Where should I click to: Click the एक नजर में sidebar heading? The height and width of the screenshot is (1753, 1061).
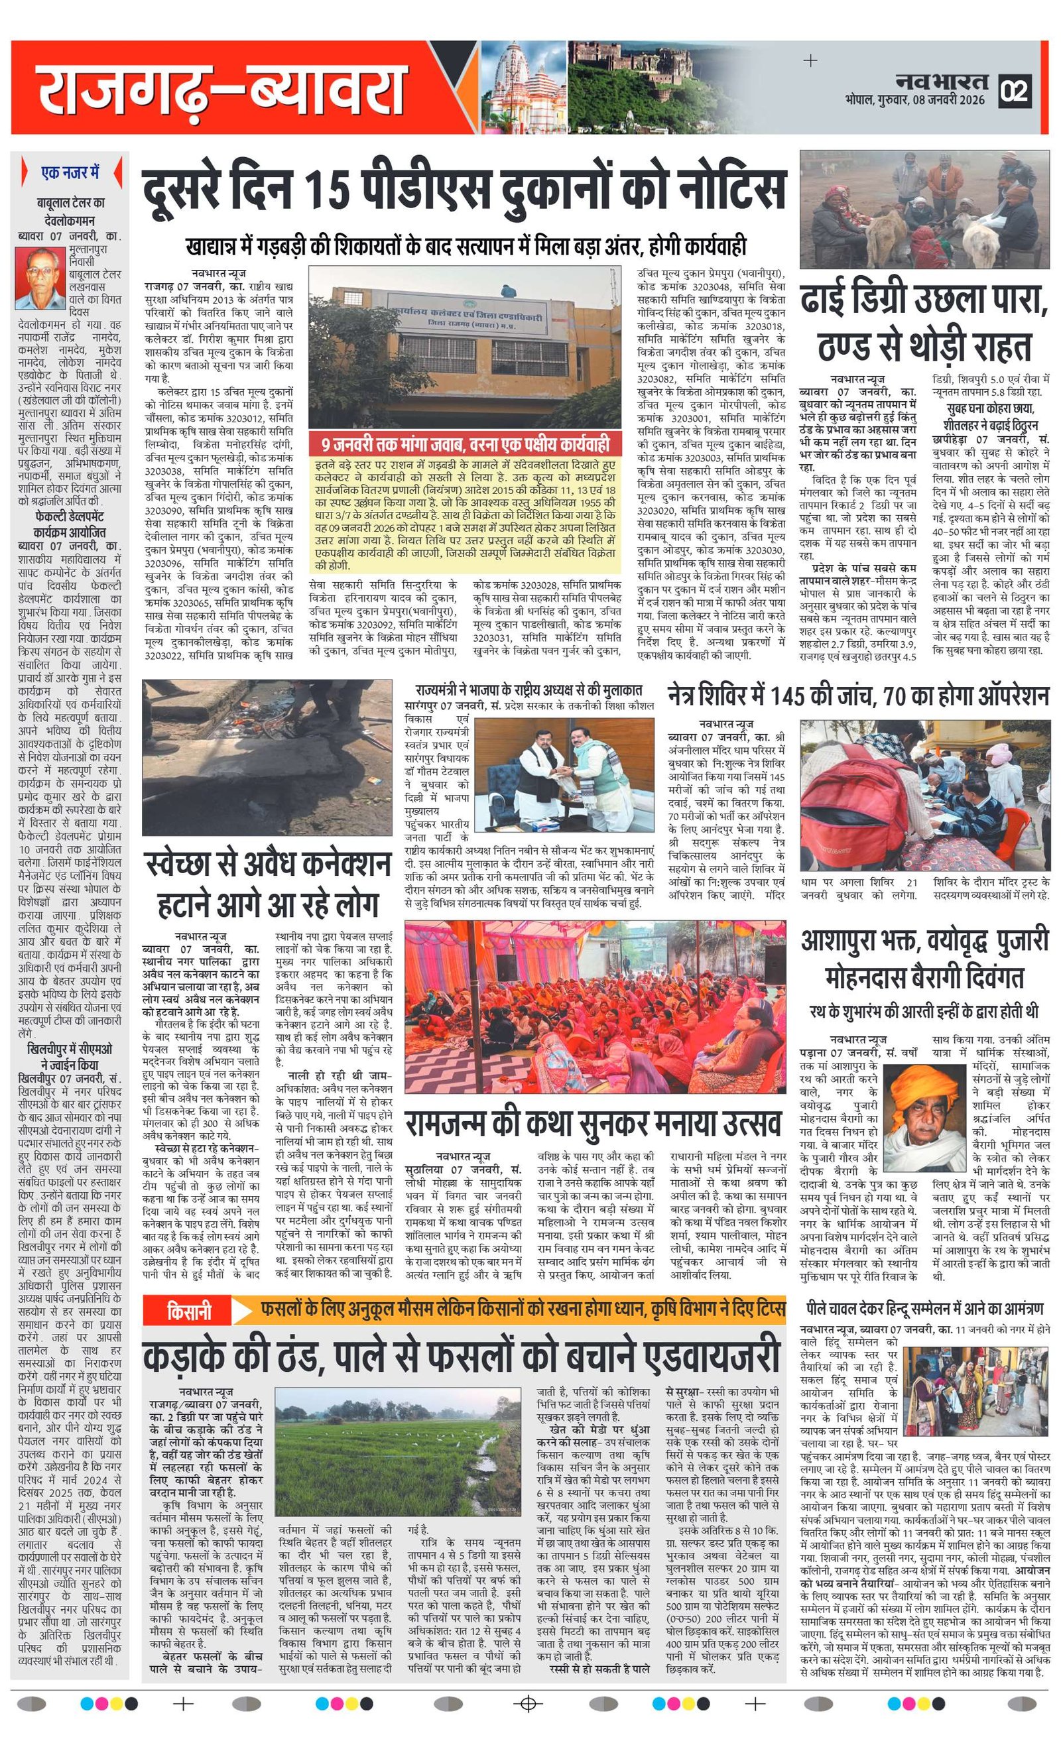[70, 173]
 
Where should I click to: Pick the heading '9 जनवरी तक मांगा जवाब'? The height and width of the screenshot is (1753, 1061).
[465, 446]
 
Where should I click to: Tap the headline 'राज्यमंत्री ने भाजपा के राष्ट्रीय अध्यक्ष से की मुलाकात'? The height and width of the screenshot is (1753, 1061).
[529, 690]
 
